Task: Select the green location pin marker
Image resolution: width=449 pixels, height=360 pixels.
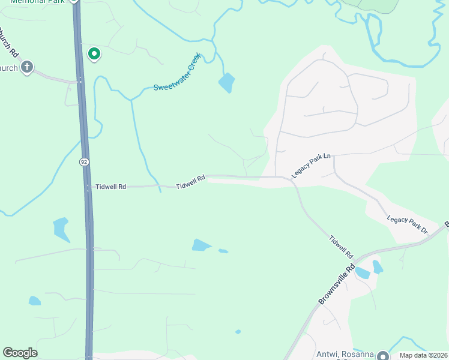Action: tap(94, 54)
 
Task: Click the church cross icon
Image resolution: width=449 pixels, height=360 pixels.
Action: tap(26, 67)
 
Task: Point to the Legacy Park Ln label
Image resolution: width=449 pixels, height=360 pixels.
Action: tap(312, 166)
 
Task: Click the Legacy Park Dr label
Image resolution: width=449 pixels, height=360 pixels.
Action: tap(406, 224)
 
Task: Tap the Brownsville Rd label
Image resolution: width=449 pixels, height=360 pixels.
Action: tap(337, 285)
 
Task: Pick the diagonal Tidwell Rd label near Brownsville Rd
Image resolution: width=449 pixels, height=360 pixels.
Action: tap(340, 247)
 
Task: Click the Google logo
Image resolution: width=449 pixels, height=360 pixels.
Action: tap(20, 353)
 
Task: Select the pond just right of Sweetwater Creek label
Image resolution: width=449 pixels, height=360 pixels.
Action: tap(227, 82)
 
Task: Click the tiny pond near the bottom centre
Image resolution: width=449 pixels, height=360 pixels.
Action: tap(238, 331)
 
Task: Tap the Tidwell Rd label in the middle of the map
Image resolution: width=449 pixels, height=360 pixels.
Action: tap(191, 182)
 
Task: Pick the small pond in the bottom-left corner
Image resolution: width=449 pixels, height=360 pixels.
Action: tap(35, 301)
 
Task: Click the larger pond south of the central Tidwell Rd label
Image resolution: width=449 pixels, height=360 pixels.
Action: tap(200, 245)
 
